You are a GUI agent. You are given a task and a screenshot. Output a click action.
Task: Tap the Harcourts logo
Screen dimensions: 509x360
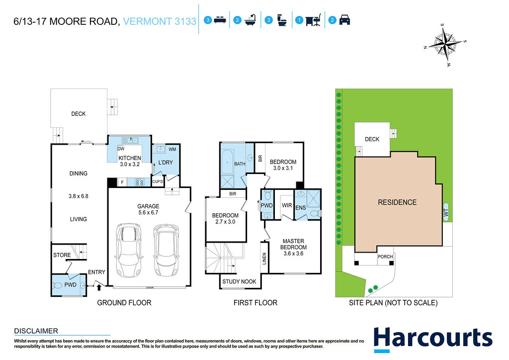point(433,339)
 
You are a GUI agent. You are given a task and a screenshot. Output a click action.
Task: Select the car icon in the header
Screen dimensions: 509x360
point(344,20)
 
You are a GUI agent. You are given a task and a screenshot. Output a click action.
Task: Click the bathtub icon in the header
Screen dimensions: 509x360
point(251,20)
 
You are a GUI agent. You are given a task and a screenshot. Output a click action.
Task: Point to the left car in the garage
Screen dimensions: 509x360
point(129,250)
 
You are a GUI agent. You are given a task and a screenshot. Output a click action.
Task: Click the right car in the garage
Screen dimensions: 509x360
point(167,250)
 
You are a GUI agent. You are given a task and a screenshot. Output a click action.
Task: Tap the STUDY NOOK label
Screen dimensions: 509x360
point(239,281)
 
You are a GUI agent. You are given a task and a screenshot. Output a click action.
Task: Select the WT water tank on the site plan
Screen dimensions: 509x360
point(446,212)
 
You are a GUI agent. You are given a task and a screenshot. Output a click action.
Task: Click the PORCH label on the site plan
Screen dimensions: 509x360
point(385,257)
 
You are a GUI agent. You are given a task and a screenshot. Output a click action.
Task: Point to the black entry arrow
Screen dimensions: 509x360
point(99,287)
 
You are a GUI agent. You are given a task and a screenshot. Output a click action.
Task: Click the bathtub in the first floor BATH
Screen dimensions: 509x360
point(227,162)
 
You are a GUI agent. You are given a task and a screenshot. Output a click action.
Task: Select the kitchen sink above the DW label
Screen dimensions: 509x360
point(130,141)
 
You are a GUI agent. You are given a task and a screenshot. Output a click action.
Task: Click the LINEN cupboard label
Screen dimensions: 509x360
point(264,259)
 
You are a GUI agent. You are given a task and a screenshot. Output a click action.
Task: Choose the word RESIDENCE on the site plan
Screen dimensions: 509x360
point(397,202)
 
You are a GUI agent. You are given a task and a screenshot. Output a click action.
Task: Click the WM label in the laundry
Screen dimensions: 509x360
point(172,149)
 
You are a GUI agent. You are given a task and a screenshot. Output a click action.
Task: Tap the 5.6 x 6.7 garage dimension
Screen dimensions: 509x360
point(148,213)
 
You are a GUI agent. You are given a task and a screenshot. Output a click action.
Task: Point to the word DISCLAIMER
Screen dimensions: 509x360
point(36,331)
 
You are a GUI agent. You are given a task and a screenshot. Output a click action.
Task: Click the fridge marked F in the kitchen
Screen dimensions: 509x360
point(122,182)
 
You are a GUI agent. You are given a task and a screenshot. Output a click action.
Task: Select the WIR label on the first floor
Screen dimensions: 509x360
point(287,205)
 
